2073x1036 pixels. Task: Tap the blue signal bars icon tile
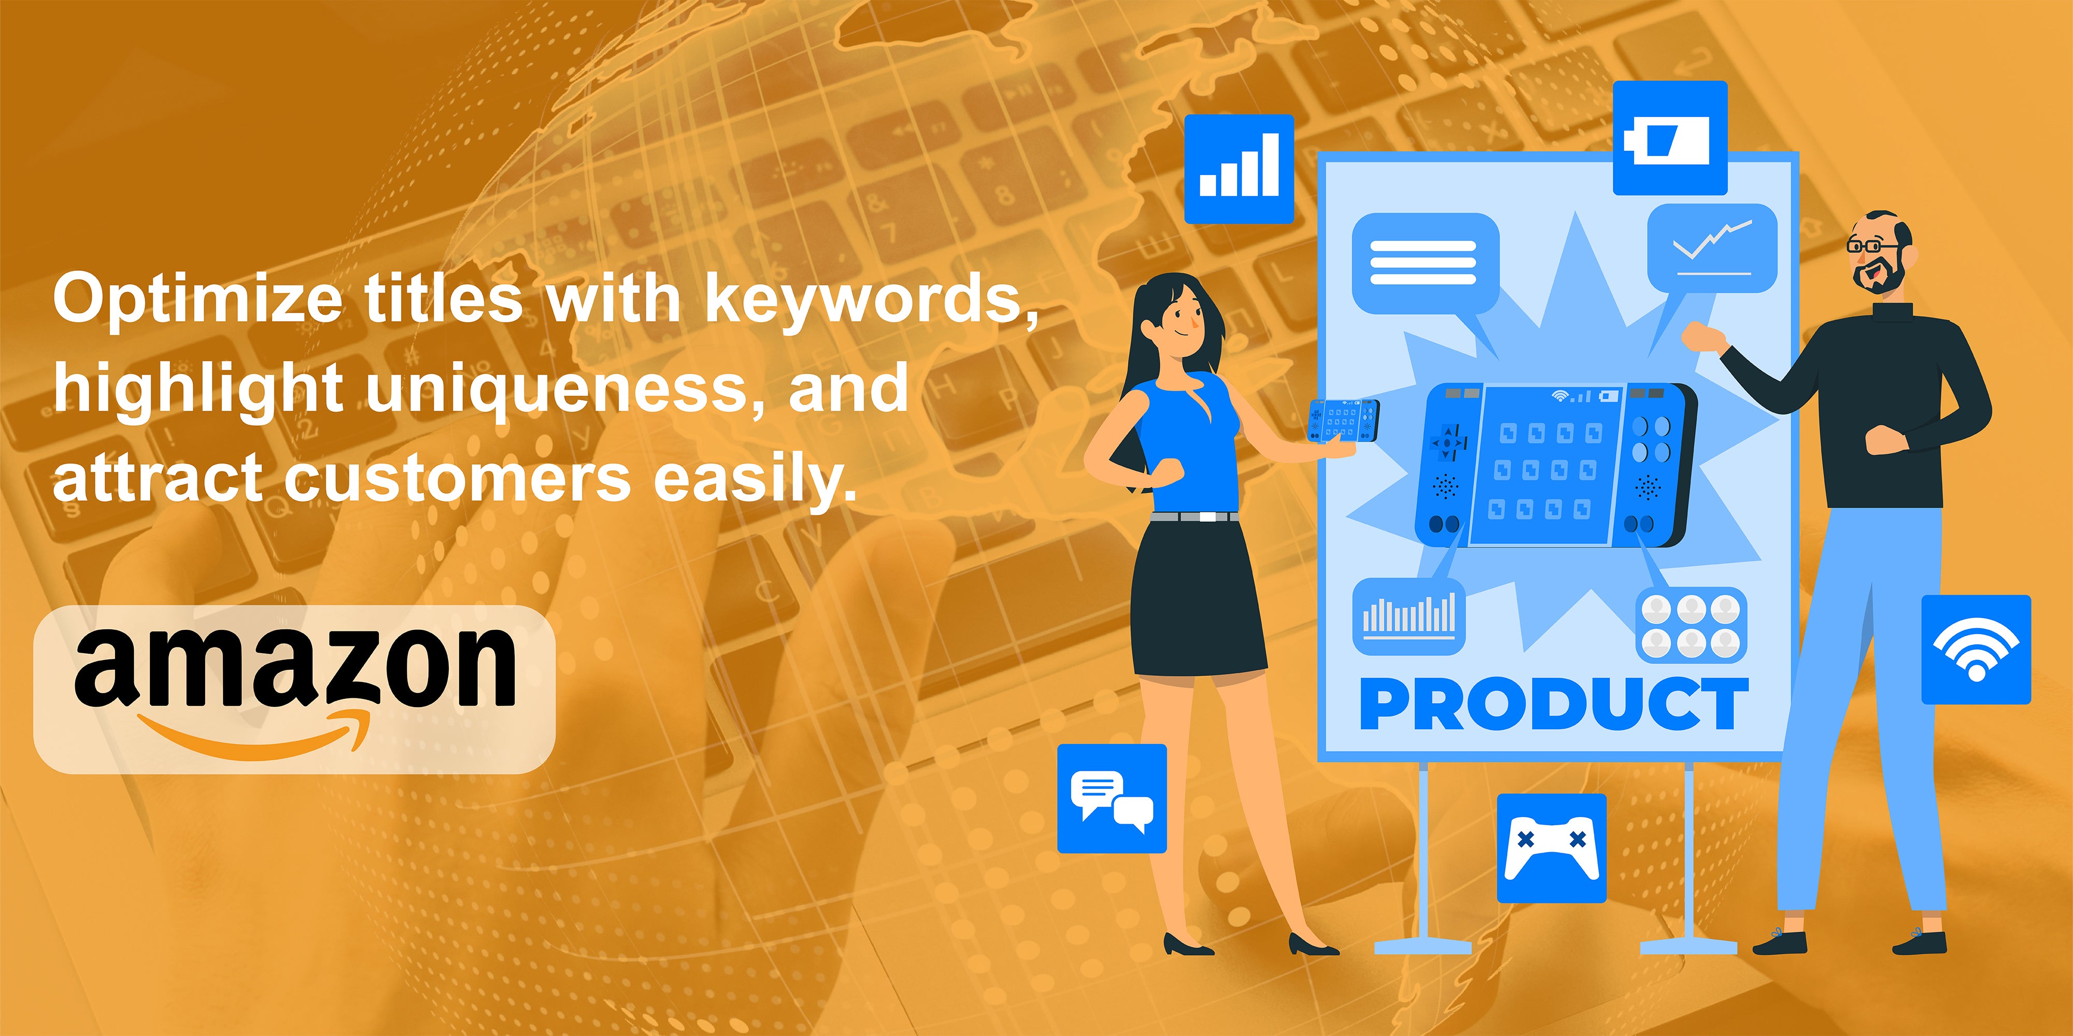click(x=1239, y=169)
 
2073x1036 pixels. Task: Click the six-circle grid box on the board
click(x=1691, y=626)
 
